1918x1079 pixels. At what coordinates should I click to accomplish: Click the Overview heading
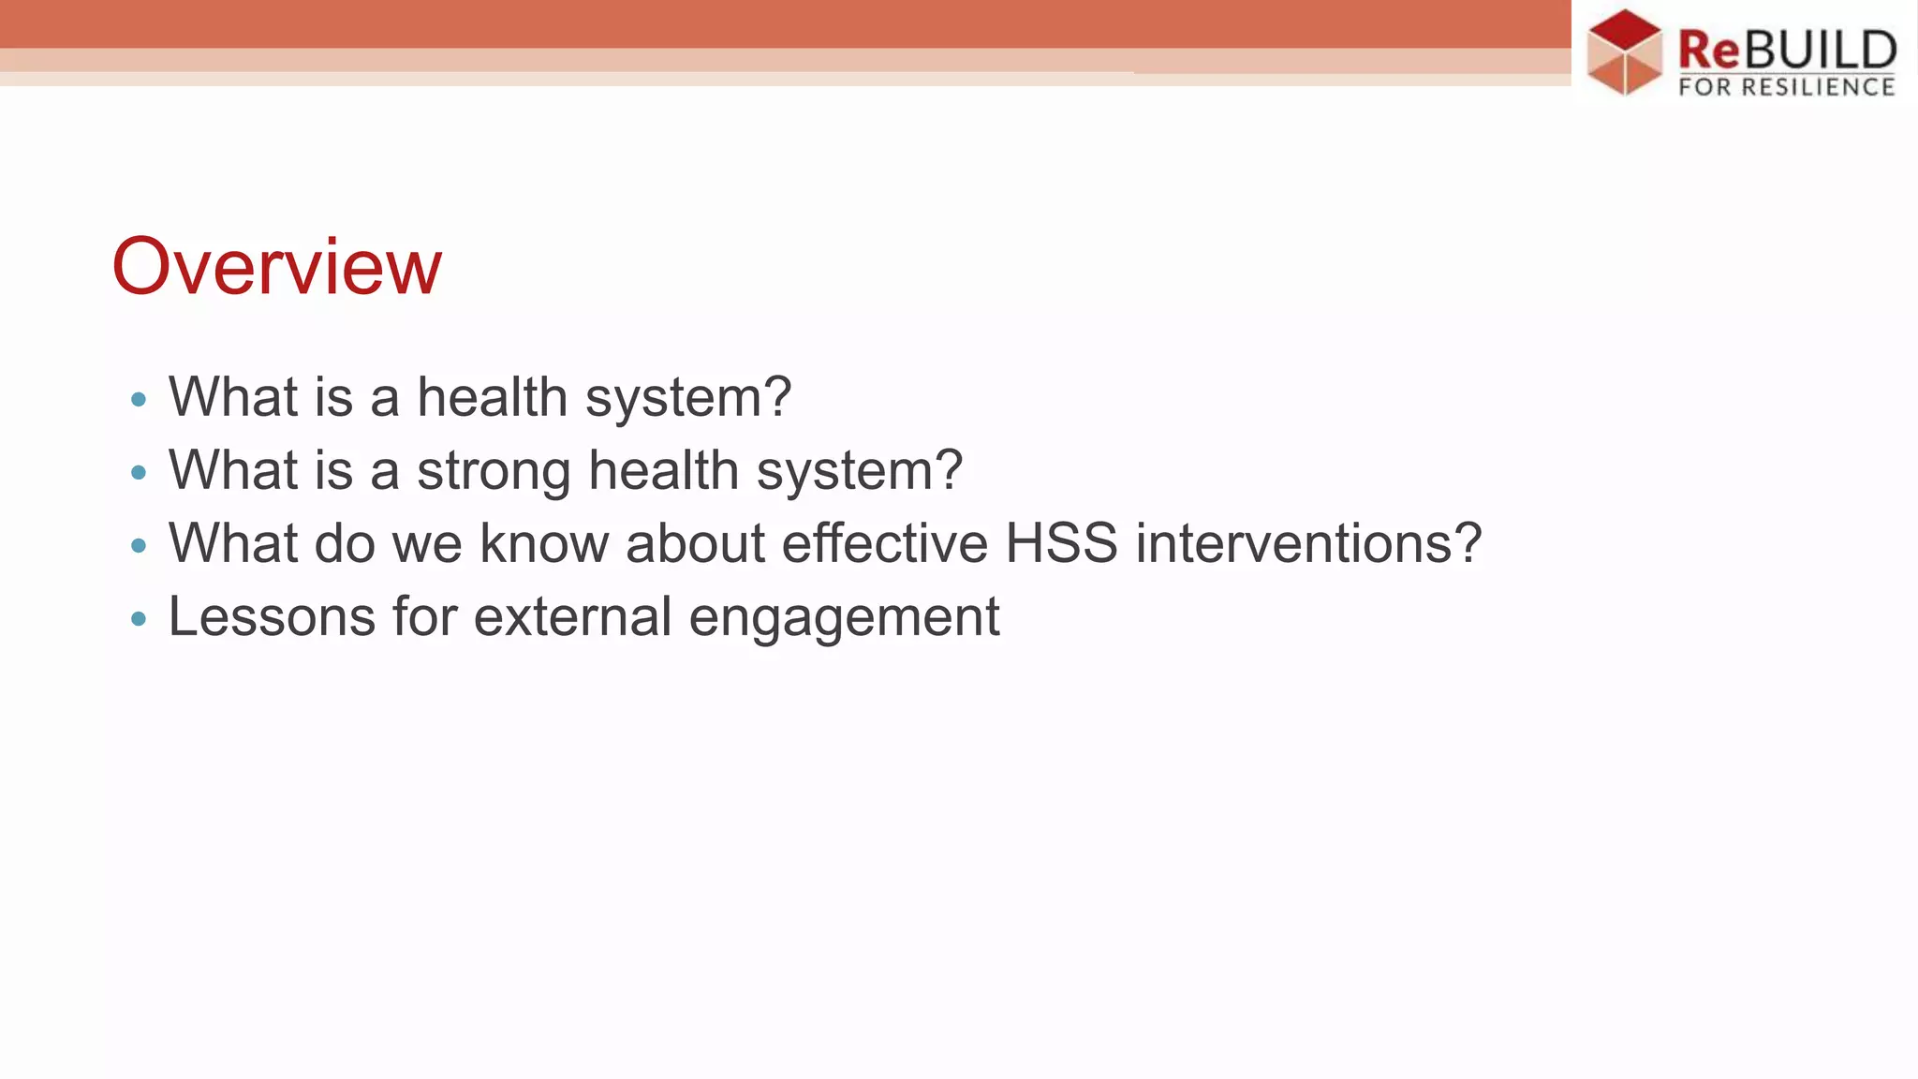(276, 267)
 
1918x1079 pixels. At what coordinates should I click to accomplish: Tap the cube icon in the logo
(1625, 52)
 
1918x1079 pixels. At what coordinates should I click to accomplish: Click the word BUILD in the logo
(1819, 50)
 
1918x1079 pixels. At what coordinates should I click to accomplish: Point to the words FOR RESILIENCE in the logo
(1786, 87)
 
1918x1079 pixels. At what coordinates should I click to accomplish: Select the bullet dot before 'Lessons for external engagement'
(139, 618)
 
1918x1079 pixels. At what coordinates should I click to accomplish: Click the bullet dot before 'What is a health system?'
(139, 400)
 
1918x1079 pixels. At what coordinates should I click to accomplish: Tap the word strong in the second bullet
(494, 471)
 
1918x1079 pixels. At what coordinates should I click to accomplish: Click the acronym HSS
(1061, 543)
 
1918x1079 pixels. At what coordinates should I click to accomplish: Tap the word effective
(884, 543)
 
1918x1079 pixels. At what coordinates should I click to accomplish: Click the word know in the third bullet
(543, 543)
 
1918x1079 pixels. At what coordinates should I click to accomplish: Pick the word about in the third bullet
(695, 543)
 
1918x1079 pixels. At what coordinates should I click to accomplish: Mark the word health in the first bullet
(492, 397)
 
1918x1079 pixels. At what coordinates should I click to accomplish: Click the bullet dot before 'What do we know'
(139, 545)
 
